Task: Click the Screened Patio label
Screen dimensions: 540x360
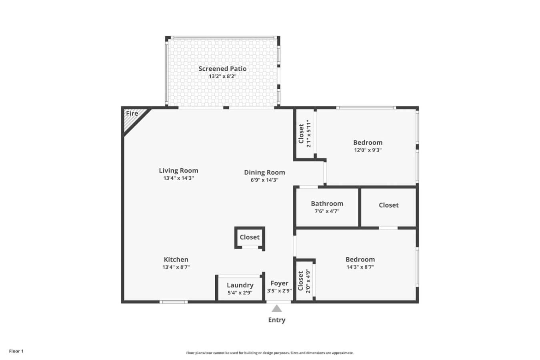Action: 222,69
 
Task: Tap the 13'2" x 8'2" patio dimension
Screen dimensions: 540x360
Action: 222,76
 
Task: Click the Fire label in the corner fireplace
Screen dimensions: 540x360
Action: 132,113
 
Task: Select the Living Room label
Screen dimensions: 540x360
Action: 178,171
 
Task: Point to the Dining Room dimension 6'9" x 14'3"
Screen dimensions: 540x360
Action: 264,180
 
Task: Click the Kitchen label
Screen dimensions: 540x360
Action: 176,260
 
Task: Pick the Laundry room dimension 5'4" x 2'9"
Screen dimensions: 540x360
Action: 240,293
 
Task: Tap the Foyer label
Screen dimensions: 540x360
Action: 280,283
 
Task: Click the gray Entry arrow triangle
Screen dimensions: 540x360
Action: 277,309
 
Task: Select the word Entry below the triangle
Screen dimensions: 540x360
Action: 277,320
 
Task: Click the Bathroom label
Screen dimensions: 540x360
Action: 327,204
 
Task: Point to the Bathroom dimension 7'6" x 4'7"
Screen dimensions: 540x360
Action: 327,211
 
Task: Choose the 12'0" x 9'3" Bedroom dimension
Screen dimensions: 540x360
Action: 368,150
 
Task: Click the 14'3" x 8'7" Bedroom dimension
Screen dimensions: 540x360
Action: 360,267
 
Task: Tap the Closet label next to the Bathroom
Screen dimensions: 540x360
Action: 389,205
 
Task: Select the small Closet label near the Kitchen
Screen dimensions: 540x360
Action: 250,237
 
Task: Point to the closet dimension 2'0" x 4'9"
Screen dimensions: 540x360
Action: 308,281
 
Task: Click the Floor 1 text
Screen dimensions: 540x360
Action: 16,351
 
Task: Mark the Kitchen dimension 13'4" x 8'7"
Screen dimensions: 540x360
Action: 176,267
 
